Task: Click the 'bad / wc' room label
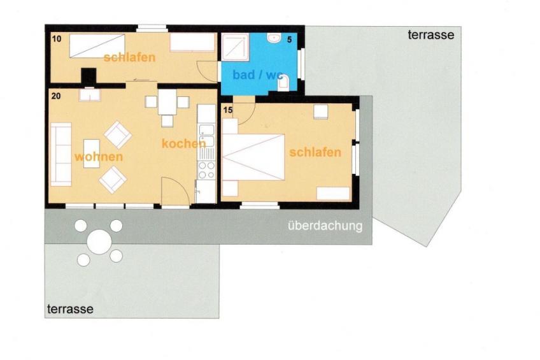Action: [x=258, y=75]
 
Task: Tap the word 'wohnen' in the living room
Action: [x=99, y=157]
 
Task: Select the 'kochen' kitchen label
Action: [x=183, y=143]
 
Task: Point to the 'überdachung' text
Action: [x=325, y=226]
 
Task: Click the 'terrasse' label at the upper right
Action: [x=431, y=35]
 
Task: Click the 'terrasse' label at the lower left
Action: [x=70, y=309]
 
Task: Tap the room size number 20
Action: [x=56, y=96]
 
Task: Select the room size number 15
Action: [x=228, y=110]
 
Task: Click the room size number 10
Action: [x=57, y=39]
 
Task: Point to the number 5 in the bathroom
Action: [x=289, y=40]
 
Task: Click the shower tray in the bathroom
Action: [x=235, y=47]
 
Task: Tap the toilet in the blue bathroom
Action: [x=283, y=83]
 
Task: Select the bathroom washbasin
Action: [x=274, y=38]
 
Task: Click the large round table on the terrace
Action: [x=99, y=242]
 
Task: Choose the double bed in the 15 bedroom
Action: [x=253, y=157]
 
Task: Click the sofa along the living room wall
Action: [x=61, y=154]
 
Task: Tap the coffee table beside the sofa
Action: [x=92, y=154]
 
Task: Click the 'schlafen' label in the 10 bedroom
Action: [x=129, y=57]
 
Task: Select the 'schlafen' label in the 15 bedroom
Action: [x=315, y=152]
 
